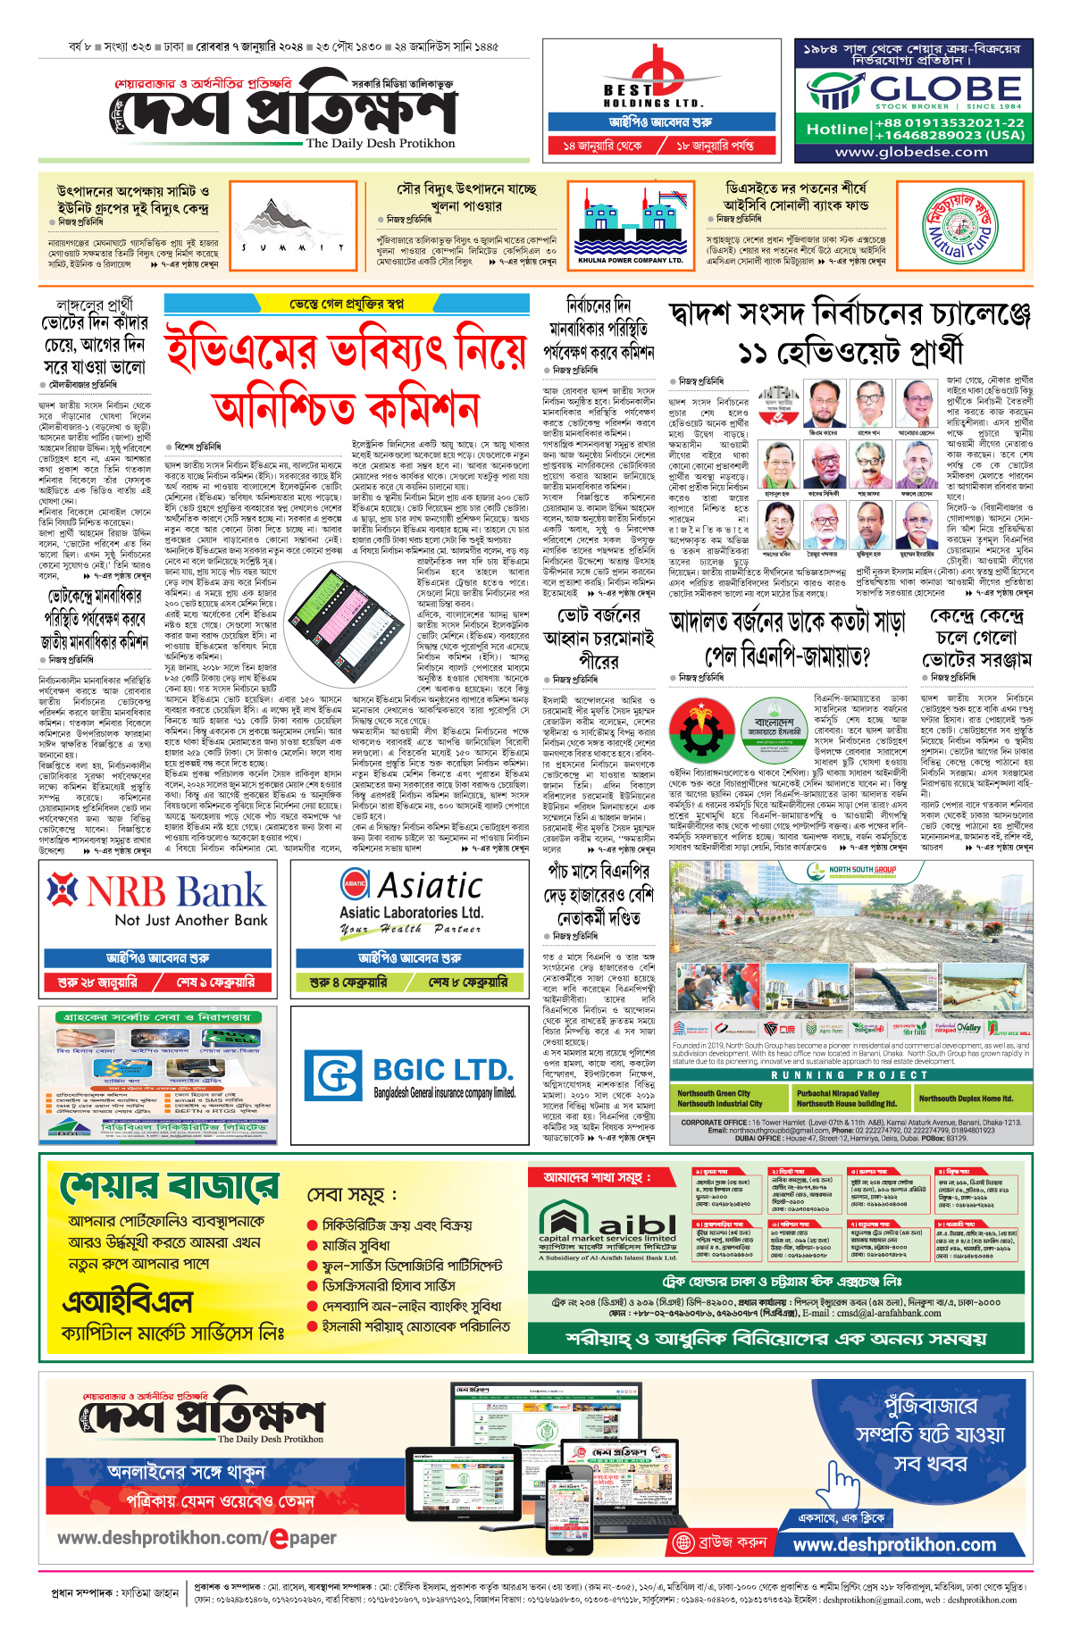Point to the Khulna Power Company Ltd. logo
tap(631, 225)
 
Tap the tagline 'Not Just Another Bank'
tap(190, 920)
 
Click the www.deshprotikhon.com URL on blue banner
tap(893, 1544)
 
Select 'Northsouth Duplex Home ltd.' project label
tap(966, 1098)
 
